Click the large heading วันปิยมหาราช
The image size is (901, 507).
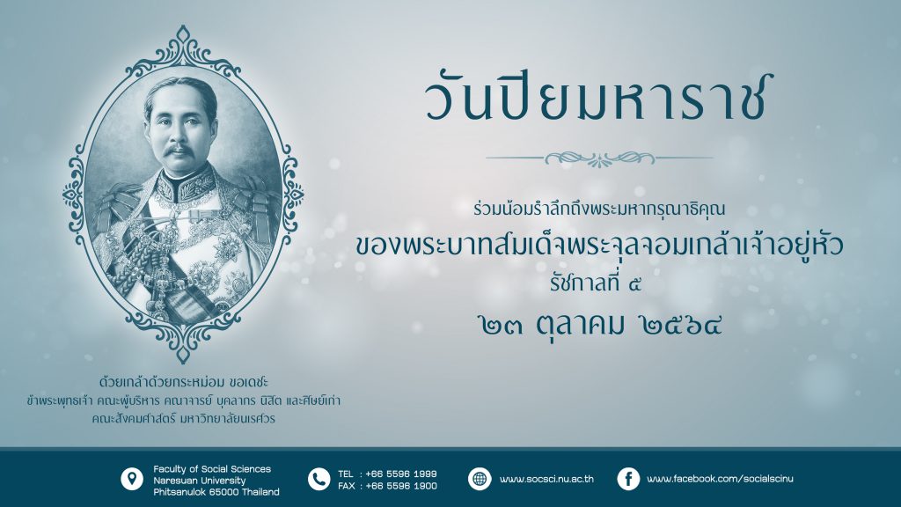pos(598,99)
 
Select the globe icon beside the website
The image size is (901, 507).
pos(480,479)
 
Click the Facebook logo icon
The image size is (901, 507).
pos(628,479)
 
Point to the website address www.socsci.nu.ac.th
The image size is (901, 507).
pos(546,479)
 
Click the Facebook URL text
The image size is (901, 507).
pos(720,479)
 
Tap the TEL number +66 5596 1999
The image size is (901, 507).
pos(401,474)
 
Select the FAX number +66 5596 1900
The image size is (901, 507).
pos(401,486)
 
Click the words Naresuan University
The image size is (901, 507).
pos(200,481)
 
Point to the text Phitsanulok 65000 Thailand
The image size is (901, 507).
pos(216,492)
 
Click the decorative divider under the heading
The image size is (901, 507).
pos(599,158)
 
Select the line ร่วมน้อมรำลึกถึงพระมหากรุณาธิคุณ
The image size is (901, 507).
pos(599,210)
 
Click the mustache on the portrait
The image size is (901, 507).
pos(179,151)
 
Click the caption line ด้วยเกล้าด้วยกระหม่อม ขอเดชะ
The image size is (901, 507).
pos(184,382)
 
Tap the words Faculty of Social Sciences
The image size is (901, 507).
pos(212,469)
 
